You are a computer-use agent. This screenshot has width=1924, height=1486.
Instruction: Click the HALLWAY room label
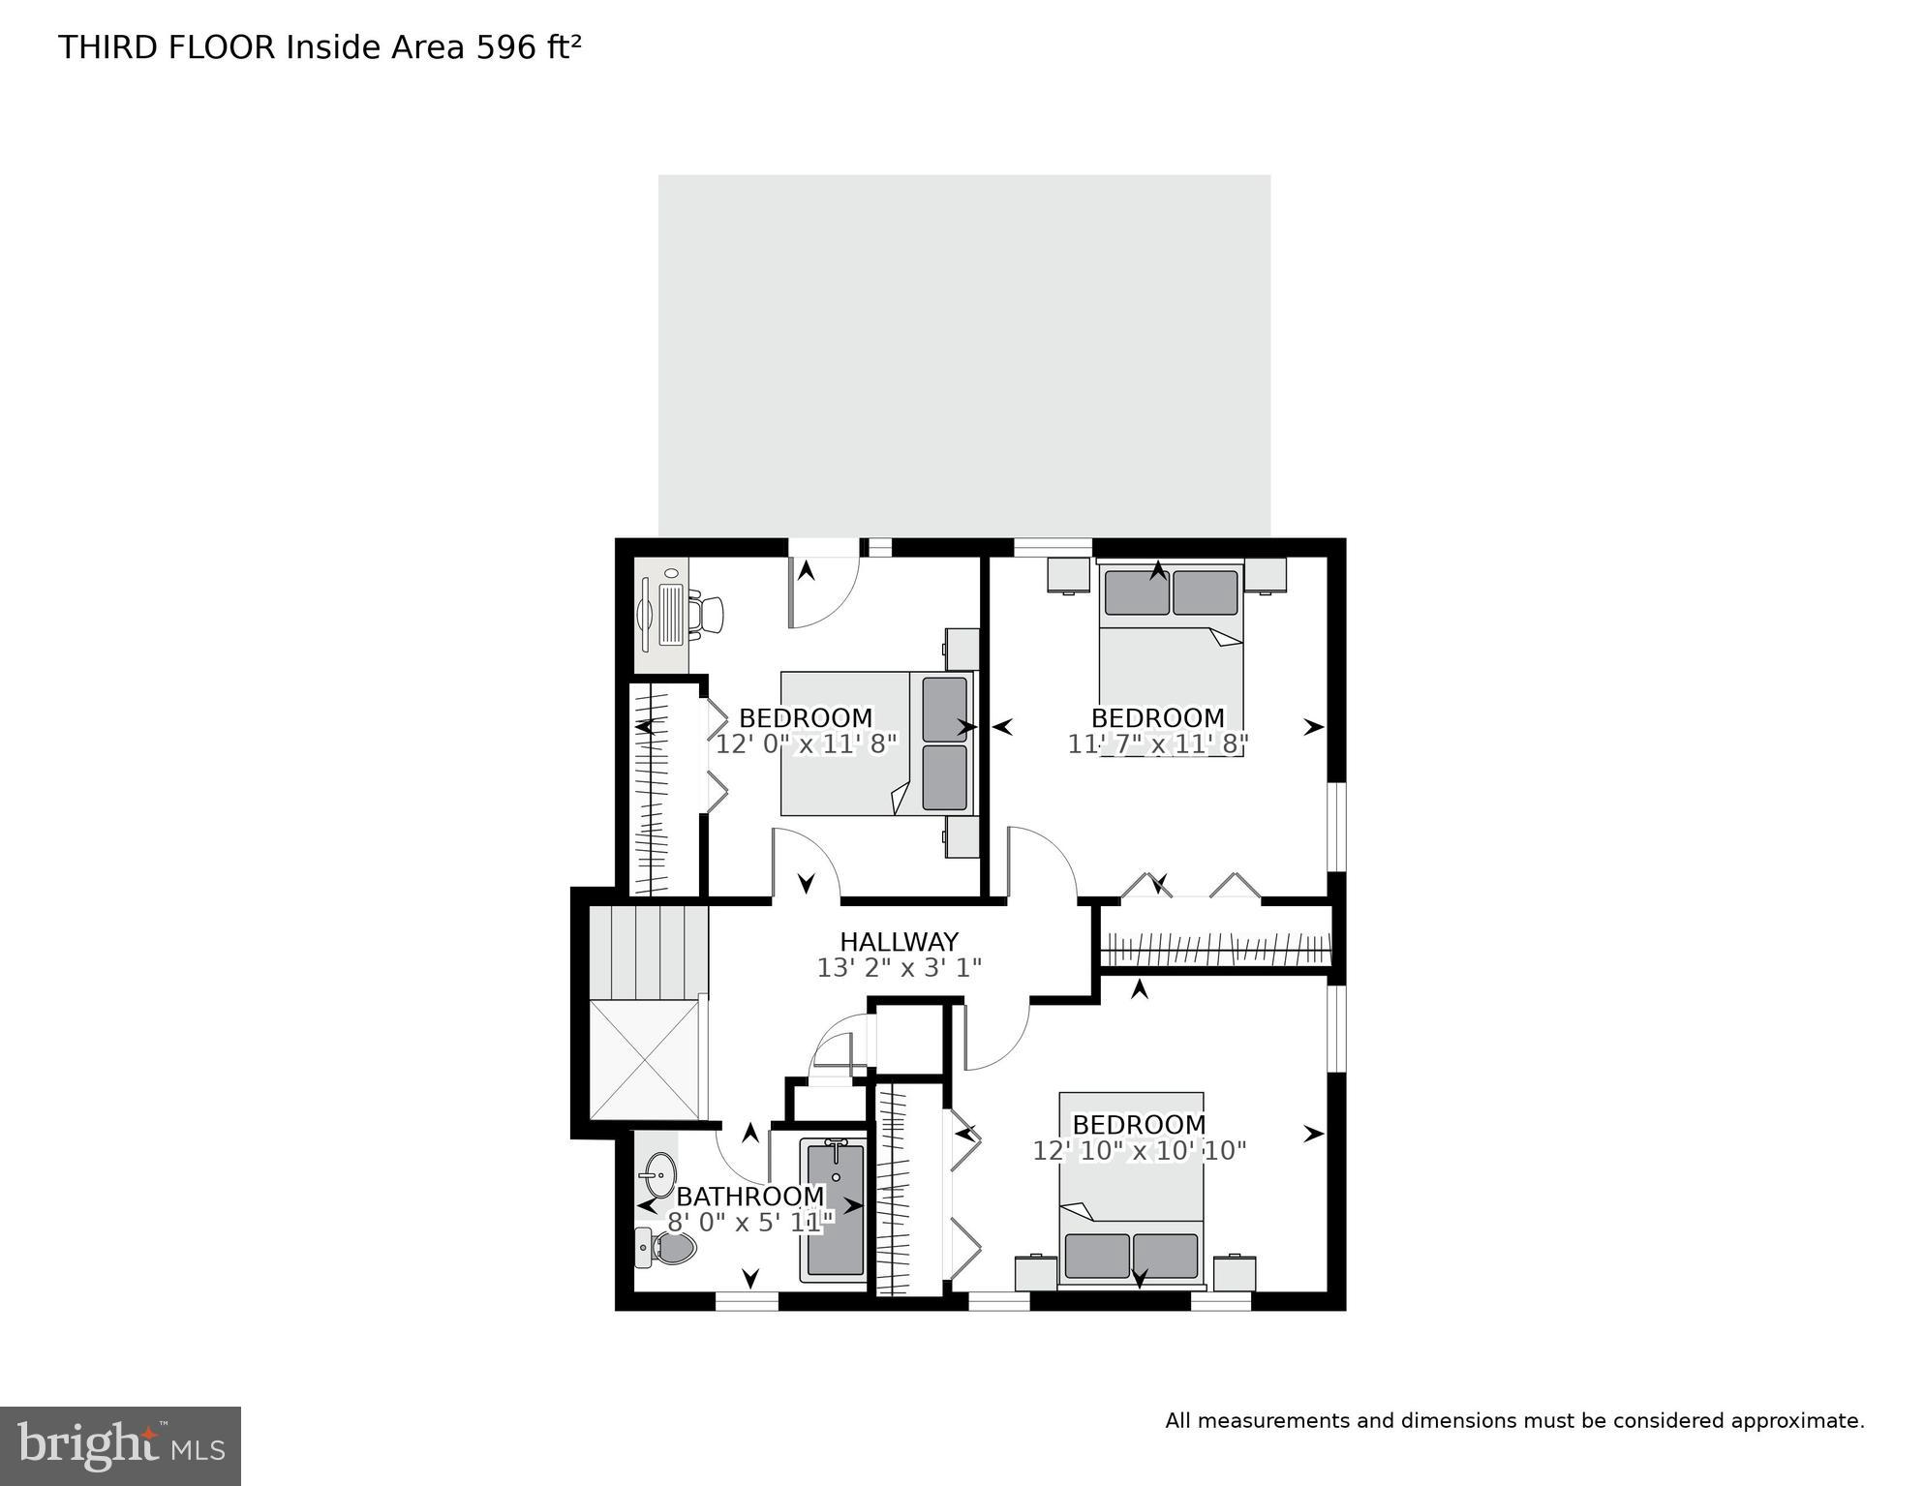(899, 941)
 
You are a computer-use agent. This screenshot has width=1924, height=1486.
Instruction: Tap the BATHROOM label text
(749, 1197)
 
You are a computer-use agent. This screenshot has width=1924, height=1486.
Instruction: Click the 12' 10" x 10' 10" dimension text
(1139, 1151)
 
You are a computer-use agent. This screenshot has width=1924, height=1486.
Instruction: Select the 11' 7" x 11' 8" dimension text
(1158, 744)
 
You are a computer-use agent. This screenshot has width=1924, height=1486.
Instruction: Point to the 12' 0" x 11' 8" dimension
(807, 744)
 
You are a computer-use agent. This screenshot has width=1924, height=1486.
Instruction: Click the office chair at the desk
(707, 614)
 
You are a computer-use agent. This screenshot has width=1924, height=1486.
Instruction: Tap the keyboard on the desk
(672, 614)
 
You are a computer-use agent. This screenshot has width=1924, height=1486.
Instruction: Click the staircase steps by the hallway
(647, 951)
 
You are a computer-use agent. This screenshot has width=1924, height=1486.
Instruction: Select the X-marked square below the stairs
(644, 1059)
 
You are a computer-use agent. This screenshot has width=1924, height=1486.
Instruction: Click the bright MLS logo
(120, 1446)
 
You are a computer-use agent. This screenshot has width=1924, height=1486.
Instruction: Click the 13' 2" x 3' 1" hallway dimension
(899, 967)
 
